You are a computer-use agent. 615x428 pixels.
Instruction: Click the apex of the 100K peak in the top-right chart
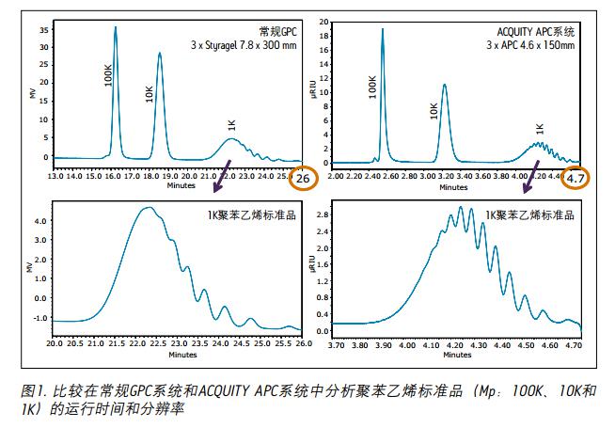click(383, 29)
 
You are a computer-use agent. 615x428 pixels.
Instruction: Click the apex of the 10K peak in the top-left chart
click(160, 53)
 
